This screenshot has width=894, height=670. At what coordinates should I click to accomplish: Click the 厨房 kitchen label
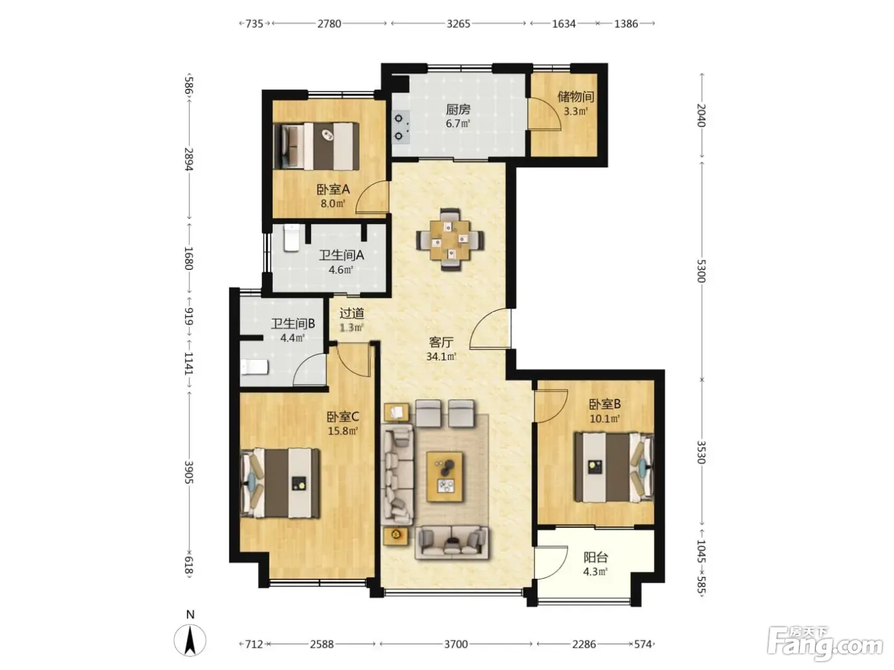[458, 109]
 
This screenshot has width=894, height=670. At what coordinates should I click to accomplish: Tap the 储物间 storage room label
[575, 97]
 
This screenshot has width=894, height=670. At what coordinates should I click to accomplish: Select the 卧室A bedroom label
[333, 189]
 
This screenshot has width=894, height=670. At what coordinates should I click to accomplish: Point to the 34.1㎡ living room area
[441, 357]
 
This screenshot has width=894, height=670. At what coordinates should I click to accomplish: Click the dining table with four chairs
[450, 240]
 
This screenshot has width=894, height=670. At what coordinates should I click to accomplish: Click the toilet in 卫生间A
[291, 238]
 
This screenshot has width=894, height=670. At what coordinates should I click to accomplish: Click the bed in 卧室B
[614, 467]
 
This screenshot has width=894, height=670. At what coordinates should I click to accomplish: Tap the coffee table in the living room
[444, 477]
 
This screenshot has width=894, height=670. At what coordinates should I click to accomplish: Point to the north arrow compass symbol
[190, 640]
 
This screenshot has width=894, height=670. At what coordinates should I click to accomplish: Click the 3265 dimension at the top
[458, 24]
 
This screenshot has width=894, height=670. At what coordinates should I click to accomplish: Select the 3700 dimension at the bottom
[456, 644]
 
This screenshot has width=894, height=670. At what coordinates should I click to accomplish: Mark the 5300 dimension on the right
[701, 271]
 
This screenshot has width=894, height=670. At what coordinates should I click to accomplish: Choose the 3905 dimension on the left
[188, 472]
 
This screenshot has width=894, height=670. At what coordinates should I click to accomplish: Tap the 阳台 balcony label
[596, 557]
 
